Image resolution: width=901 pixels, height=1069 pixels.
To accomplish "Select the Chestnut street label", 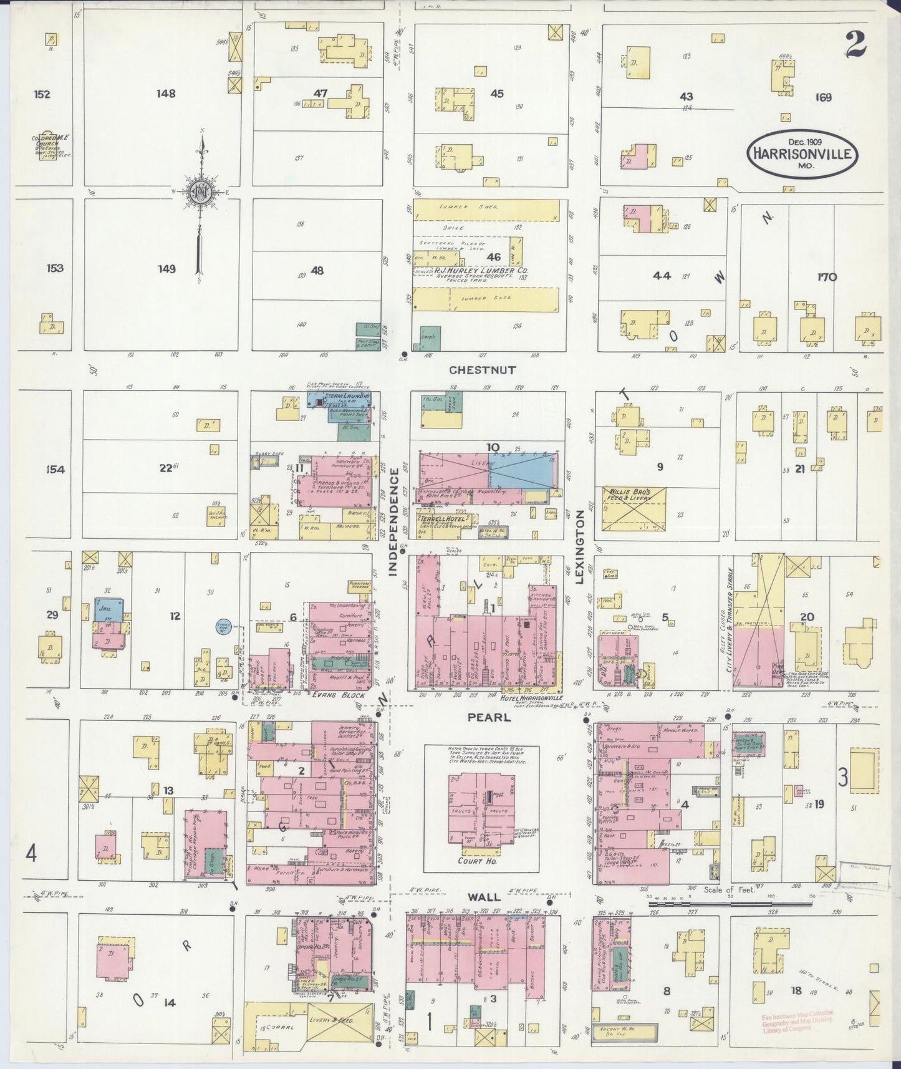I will [x=483, y=370].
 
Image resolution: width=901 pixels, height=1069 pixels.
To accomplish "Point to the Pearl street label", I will [x=489, y=718].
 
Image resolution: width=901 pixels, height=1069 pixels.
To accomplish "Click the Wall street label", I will [x=484, y=897].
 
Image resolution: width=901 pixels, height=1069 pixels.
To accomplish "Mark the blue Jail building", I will [x=108, y=609].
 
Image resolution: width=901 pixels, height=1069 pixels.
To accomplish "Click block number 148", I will [x=166, y=94].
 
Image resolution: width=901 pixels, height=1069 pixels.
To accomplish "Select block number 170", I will [x=827, y=277].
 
